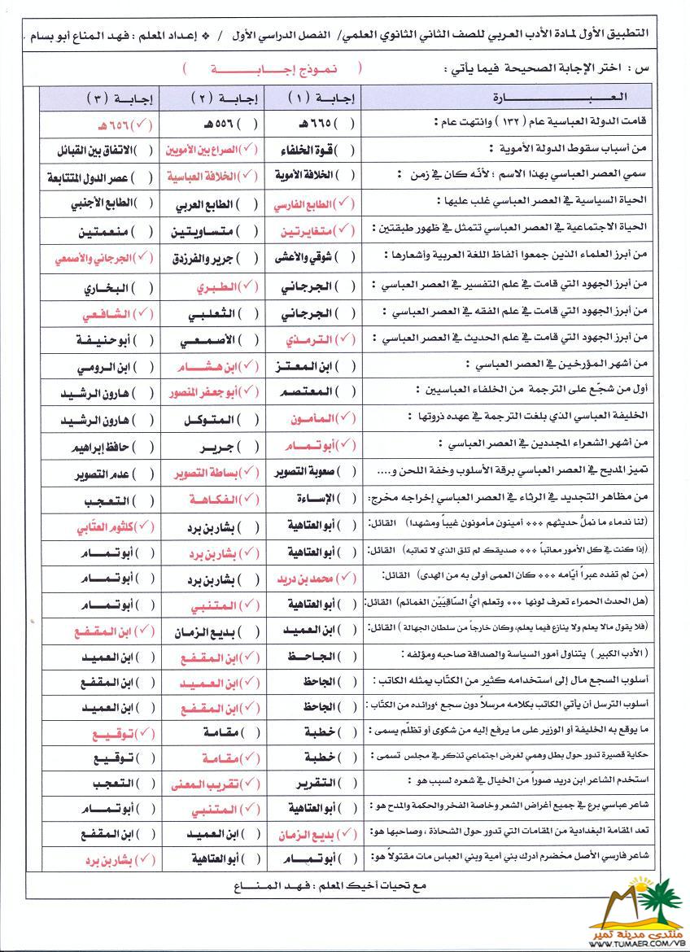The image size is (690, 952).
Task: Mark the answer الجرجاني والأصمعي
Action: [x=85, y=257]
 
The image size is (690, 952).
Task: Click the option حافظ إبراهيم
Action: [x=85, y=446]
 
